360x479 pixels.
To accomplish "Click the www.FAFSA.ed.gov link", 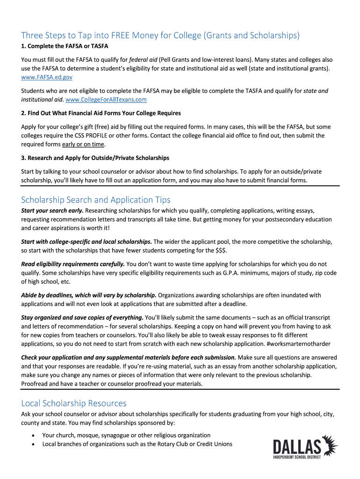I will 47,77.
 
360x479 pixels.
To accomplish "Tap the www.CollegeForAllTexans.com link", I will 106,100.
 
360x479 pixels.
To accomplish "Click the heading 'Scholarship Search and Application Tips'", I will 96,200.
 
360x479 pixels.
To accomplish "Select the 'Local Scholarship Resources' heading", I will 74,403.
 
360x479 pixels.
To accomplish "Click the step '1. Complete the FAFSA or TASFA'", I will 65,46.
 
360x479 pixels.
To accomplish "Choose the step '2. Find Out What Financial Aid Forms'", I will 101,113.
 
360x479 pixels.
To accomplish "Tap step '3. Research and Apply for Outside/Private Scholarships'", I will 95,158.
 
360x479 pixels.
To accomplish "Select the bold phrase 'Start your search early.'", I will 52,210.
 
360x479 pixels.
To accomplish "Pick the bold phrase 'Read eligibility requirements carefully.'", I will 73,264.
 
